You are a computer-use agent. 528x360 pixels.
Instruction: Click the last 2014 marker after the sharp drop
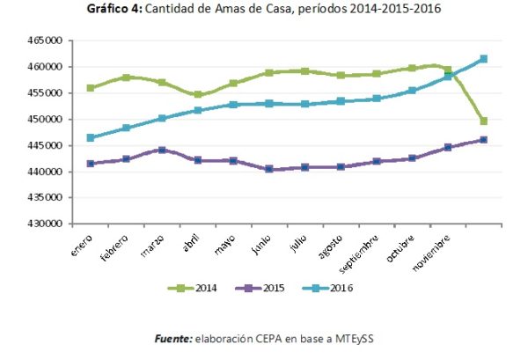(484, 121)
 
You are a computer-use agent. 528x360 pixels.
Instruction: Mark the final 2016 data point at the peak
(484, 59)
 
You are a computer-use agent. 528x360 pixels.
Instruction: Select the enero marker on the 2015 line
(91, 164)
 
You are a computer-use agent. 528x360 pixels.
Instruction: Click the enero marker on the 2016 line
(91, 137)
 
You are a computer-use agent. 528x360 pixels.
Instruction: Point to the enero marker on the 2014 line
(91, 88)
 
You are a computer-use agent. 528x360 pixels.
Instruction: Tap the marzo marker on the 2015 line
(162, 150)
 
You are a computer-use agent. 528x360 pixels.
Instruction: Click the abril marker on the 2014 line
(198, 94)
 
